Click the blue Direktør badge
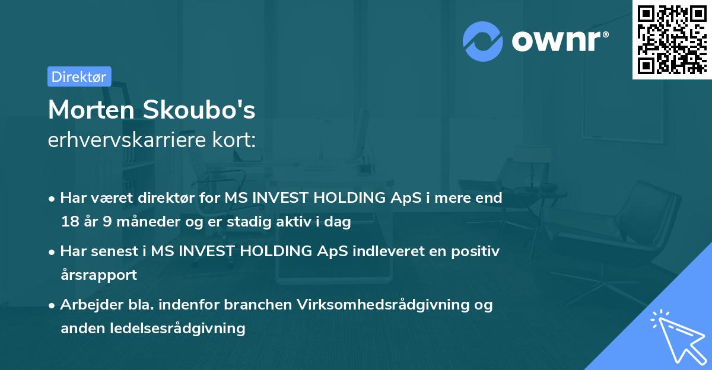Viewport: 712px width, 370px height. click(79, 76)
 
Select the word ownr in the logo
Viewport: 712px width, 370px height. click(558, 40)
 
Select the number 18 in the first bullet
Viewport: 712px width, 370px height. click(69, 222)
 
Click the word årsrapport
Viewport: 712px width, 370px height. click(98, 275)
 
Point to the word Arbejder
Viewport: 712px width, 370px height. click(87, 305)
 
